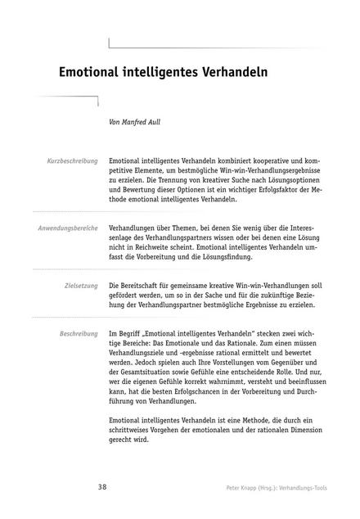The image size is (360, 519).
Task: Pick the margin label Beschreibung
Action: point(79,335)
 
